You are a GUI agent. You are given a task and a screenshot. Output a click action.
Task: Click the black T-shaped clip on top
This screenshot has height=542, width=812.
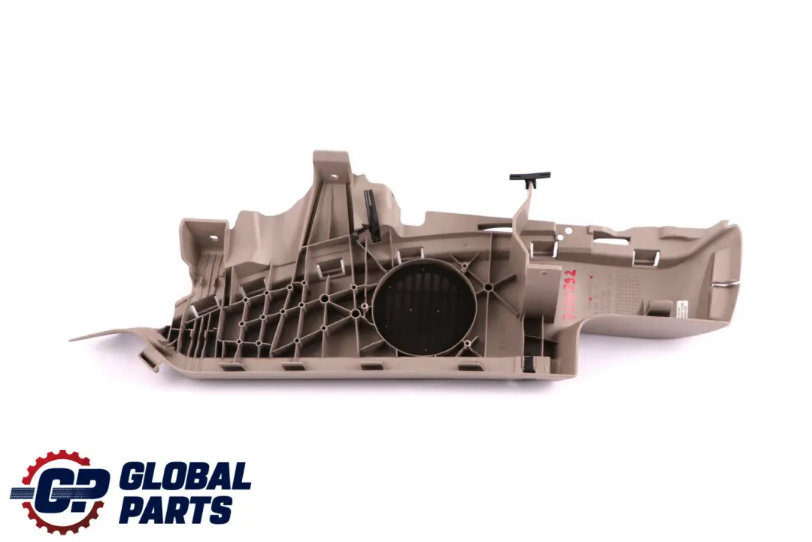pyautogui.click(x=529, y=178)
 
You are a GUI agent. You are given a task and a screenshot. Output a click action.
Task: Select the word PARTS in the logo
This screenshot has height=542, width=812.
pyautogui.click(x=175, y=512)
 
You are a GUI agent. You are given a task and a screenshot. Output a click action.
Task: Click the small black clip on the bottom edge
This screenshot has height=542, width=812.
pyautogui.click(x=529, y=361)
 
